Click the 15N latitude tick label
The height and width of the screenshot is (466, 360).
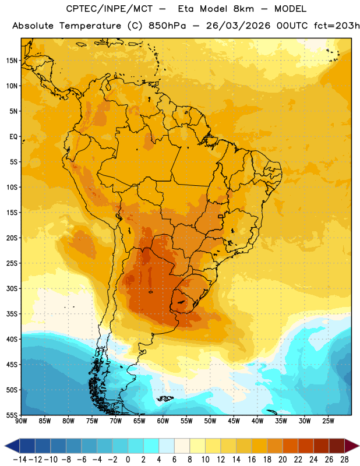tap(12, 61)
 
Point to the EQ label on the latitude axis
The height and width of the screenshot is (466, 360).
tap(13, 137)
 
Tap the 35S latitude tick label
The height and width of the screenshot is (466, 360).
tap(12, 314)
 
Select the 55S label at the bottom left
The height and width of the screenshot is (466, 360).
tap(12, 415)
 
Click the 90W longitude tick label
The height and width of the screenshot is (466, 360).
tap(21, 421)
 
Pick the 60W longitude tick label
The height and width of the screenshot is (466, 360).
tap(163, 421)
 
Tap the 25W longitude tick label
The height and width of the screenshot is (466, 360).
tap(328, 421)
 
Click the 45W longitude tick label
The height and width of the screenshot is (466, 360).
tap(234, 421)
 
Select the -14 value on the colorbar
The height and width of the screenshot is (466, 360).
tap(20, 460)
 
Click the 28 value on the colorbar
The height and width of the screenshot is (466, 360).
tap(344, 460)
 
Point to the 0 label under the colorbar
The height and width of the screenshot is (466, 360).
tap(128, 460)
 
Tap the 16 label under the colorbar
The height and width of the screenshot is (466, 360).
tap(252, 460)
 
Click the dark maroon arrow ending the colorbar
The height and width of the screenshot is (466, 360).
tap(352, 446)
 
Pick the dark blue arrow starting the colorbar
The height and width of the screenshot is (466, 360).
tap(12, 446)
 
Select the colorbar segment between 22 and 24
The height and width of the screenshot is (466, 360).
tap(306, 446)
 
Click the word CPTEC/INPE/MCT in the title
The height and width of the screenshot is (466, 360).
tap(110, 9)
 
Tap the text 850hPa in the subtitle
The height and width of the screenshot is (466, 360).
tap(167, 26)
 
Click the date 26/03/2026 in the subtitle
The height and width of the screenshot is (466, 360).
tap(238, 26)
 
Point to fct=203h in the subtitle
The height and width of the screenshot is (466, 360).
tap(337, 26)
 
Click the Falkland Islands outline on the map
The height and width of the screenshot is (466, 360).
tap(165, 398)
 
